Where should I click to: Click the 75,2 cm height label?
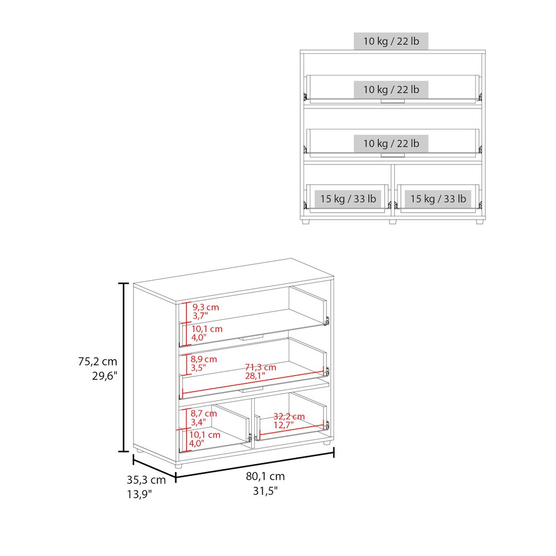point(97,361)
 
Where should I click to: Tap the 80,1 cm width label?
point(265,476)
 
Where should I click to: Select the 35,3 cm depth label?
point(146,480)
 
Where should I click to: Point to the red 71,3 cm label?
point(261,368)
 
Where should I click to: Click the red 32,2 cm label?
point(289,416)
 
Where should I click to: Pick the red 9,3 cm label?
point(206,307)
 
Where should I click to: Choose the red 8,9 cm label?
point(203,359)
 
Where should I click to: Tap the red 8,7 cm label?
point(203,414)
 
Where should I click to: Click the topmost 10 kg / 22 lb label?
point(391,41)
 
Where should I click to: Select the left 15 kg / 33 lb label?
point(348,198)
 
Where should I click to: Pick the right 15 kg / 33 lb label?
point(438,198)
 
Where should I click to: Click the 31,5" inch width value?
point(265,491)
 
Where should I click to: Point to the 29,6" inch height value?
point(105,376)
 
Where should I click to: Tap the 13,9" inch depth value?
point(140,494)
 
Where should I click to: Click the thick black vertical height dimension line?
point(123,368)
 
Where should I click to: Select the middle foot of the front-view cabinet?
point(393,222)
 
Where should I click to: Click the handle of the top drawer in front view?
point(393,101)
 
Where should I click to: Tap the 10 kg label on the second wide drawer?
point(391,143)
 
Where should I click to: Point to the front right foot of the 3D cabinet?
point(326,443)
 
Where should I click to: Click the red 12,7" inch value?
point(284,425)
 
